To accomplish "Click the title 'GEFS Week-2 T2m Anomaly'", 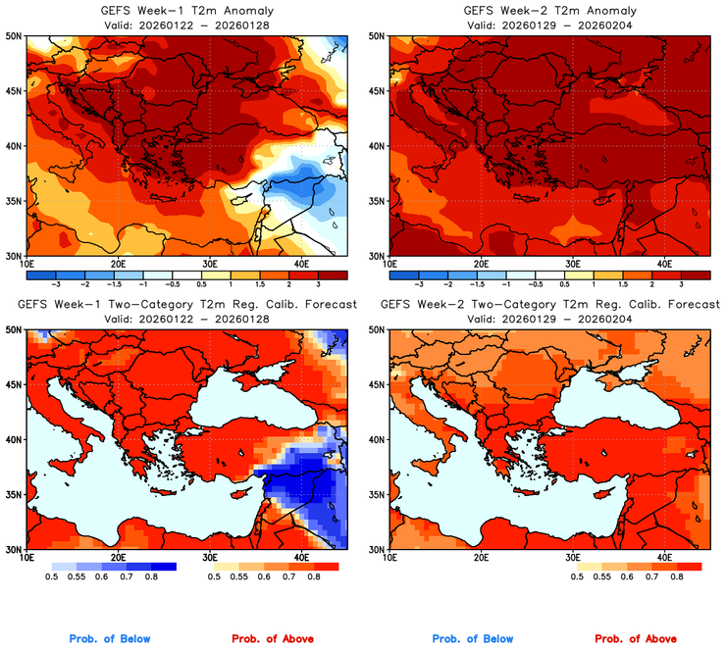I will tap(550, 11).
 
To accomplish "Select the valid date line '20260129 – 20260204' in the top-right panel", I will tap(550, 25).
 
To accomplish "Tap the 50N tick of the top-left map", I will tap(16, 35).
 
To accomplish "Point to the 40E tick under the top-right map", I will tap(664, 264).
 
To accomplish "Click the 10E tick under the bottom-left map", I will tap(26, 558).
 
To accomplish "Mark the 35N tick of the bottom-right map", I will tap(378, 495).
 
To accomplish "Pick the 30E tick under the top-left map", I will tap(210, 264).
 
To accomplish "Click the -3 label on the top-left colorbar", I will tap(56, 282).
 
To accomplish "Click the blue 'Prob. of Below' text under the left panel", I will tap(110, 639).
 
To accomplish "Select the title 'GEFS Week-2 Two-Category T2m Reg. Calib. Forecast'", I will tap(550, 305).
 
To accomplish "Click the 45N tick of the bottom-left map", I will tap(16, 385).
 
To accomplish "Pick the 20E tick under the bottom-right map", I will tap(481, 558).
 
